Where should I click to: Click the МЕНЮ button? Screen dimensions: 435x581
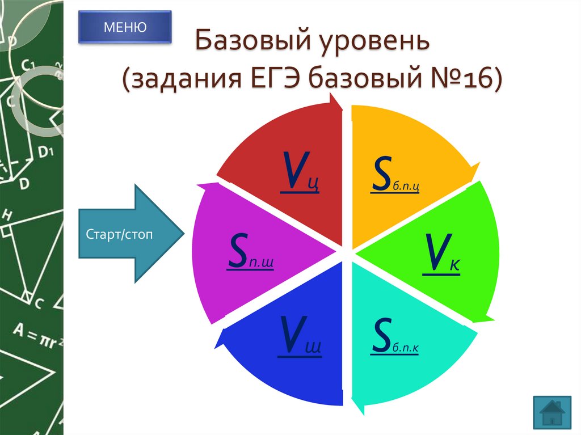click(x=124, y=27)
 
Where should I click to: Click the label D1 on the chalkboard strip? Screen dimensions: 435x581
click(x=45, y=152)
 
